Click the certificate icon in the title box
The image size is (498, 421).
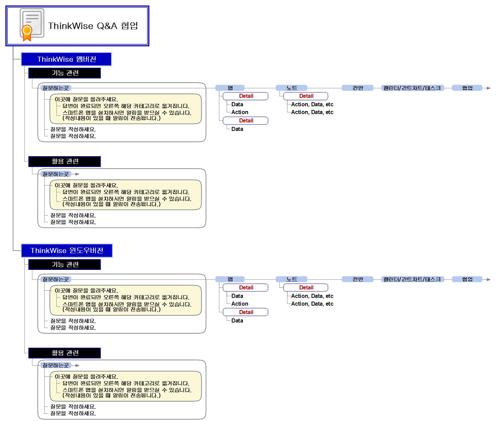tap(32, 25)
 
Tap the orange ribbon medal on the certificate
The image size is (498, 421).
tap(27, 33)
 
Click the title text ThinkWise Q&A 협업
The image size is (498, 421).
tap(93, 26)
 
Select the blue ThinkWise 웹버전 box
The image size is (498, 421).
tap(66, 59)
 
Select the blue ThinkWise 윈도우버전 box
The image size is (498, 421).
tap(67, 251)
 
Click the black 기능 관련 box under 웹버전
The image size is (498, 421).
tap(65, 73)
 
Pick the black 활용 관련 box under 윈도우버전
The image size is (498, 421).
tap(65, 353)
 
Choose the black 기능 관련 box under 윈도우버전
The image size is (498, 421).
tap(65, 264)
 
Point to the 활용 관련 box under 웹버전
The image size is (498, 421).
tap(65, 162)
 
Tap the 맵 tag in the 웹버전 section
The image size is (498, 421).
tap(230, 88)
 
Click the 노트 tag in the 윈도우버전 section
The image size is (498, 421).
tap(291, 279)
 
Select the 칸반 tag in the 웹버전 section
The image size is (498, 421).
tap(357, 88)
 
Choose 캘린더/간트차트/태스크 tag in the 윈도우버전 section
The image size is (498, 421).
tap(412, 279)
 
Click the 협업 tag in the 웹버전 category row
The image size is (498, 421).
tap(467, 88)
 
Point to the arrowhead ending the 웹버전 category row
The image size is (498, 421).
tap(489, 88)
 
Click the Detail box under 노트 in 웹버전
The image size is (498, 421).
tap(305, 96)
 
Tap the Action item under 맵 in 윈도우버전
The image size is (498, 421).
tap(240, 304)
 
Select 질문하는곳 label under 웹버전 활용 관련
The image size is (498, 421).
tap(56, 174)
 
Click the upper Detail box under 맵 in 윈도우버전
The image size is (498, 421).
tap(246, 287)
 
